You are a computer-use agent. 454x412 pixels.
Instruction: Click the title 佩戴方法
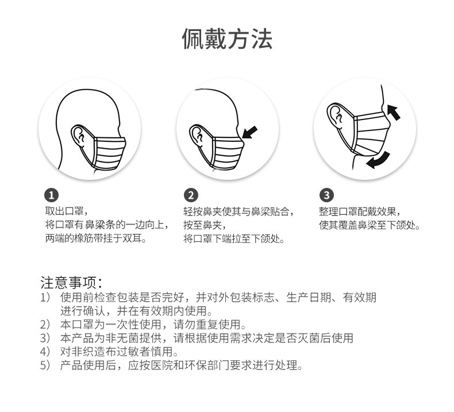(228, 39)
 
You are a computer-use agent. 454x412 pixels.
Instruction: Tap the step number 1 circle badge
(51, 195)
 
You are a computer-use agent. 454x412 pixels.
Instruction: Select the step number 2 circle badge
(191, 195)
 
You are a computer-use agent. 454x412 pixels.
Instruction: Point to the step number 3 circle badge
(326, 195)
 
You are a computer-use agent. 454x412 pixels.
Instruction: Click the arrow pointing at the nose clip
(249, 132)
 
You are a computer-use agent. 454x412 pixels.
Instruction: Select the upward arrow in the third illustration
(393, 112)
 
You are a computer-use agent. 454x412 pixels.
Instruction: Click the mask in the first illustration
(109, 152)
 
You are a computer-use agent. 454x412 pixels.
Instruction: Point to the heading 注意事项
(71, 283)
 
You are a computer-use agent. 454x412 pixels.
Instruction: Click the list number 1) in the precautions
(45, 297)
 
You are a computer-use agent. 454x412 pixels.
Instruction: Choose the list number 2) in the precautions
(45, 324)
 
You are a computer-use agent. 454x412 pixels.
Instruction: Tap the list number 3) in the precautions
(45, 338)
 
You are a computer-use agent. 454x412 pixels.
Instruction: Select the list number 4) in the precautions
(45, 352)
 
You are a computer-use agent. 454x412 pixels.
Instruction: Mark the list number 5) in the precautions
(45, 365)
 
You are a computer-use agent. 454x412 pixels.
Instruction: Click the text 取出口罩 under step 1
(64, 211)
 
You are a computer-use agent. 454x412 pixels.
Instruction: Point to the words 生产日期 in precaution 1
(309, 297)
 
